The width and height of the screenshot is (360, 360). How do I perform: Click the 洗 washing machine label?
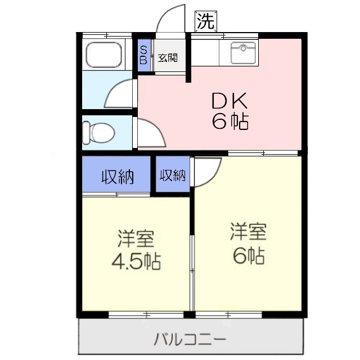[x=205, y=21]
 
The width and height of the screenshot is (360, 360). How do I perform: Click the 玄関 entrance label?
[x=167, y=57]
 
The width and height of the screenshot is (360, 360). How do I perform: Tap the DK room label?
[x=229, y=101]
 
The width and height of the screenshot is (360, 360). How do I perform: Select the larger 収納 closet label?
[x=117, y=177]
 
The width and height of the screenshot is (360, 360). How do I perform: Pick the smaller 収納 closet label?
[x=173, y=175]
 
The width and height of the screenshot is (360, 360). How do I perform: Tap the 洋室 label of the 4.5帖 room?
[x=135, y=238]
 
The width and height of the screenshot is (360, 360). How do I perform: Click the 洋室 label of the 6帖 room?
[x=247, y=231]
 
